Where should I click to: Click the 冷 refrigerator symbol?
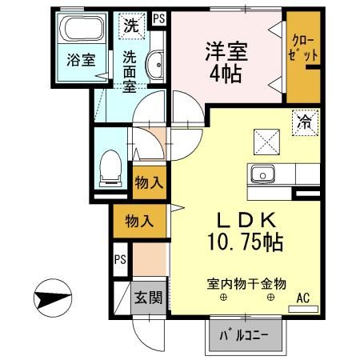[x=306, y=122]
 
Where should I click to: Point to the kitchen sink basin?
[x=262, y=174]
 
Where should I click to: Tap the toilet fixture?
[x=109, y=168]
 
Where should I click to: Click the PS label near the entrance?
[x=120, y=259]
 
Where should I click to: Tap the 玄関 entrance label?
[x=148, y=298]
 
